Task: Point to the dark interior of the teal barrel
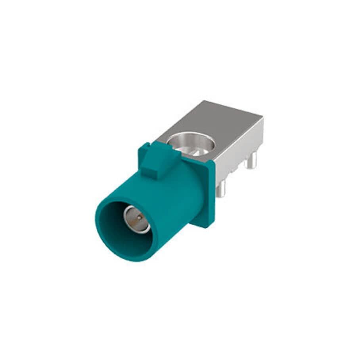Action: [x=119, y=230]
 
